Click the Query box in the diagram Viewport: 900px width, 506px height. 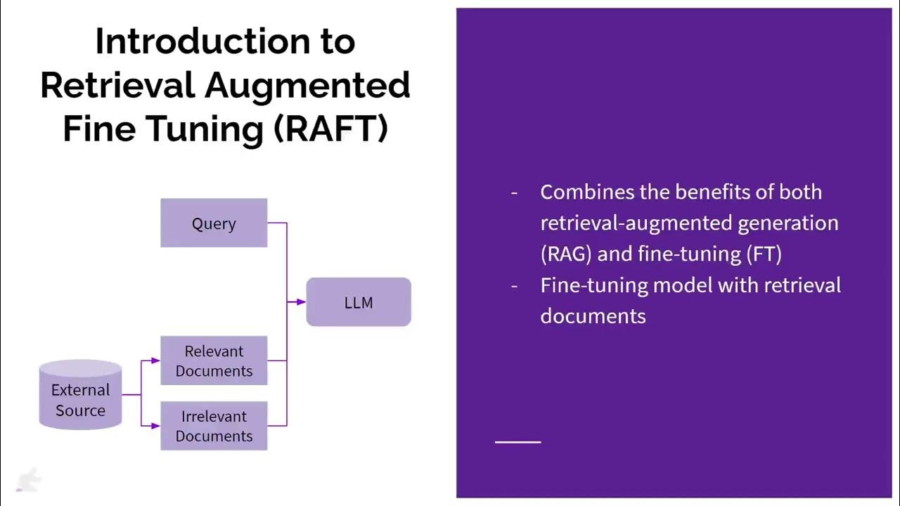[x=214, y=223]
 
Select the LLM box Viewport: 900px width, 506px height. [x=359, y=302]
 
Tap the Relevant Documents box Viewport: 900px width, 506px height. [x=214, y=361]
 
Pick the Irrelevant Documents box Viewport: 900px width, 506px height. [x=214, y=426]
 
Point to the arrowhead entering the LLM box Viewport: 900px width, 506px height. [x=301, y=302]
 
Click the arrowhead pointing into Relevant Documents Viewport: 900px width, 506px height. [x=155, y=361]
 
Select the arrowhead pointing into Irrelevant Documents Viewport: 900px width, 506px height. [x=155, y=425]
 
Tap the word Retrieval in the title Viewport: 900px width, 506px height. [x=117, y=86]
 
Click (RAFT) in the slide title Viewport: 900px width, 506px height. [x=330, y=129]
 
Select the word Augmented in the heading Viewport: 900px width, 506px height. [x=307, y=86]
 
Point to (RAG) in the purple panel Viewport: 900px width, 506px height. [x=566, y=254]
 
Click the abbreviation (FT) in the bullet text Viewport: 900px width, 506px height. [x=764, y=254]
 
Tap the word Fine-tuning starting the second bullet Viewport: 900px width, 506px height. [x=594, y=285]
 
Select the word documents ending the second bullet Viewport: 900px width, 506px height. [x=593, y=316]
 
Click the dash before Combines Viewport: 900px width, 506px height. [x=514, y=192]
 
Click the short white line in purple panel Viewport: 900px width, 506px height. [x=517, y=442]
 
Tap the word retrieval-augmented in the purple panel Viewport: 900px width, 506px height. [x=626, y=223]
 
